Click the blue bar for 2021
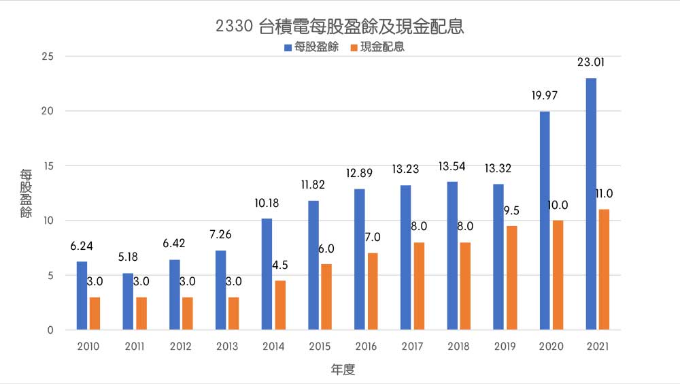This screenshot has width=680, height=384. click(x=591, y=204)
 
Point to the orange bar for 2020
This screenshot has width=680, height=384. click(x=558, y=275)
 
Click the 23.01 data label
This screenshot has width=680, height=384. click(x=591, y=62)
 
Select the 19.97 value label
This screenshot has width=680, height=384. click(x=544, y=95)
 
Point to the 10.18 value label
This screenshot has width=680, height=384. click(x=267, y=203)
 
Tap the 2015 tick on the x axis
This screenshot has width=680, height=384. click(x=320, y=347)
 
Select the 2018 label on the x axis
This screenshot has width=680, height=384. click(x=458, y=347)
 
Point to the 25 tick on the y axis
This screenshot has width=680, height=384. click(x=48, y=56)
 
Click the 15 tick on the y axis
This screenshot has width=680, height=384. click(x=48, y=165)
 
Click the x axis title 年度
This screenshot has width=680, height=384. click(x=343, y=370)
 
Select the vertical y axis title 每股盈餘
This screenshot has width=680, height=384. click(x=25, y=193)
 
